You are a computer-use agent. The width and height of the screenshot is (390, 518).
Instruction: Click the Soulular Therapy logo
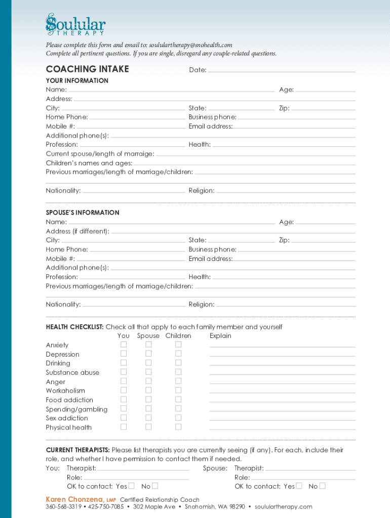(75, 25)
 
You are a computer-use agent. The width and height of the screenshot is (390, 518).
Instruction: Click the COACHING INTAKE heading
(87, 69)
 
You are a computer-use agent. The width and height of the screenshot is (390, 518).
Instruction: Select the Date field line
(282, 71)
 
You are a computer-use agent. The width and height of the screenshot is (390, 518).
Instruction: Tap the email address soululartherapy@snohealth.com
(190, 46)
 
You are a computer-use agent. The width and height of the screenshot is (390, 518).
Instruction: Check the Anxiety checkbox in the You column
(124, 344)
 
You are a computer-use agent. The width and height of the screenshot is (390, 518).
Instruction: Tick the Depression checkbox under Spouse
(148, 354)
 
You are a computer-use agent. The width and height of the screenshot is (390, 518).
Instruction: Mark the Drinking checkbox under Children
(178, 363)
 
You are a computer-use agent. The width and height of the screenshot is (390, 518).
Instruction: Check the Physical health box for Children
(178, 427)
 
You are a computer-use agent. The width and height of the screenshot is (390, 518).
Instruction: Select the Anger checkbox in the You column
(124, 381)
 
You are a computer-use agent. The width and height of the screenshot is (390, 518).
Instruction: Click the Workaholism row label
(65, 391)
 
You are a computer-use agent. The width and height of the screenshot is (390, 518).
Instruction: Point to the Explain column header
(220, 336)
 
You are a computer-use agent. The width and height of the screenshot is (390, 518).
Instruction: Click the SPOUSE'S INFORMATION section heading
(83, 213)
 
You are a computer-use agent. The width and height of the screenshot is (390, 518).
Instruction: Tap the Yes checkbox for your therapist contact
(132, 486)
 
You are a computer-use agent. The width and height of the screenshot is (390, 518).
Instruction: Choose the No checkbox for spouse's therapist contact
(323, 486)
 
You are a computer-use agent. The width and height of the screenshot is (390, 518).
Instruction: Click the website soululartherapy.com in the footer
(284, 507)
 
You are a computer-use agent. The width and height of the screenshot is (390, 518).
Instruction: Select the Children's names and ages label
(89, 163)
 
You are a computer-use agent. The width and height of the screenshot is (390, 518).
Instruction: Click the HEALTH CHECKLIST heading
(74, 327)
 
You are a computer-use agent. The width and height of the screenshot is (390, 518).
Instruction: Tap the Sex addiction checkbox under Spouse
(148, 418)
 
